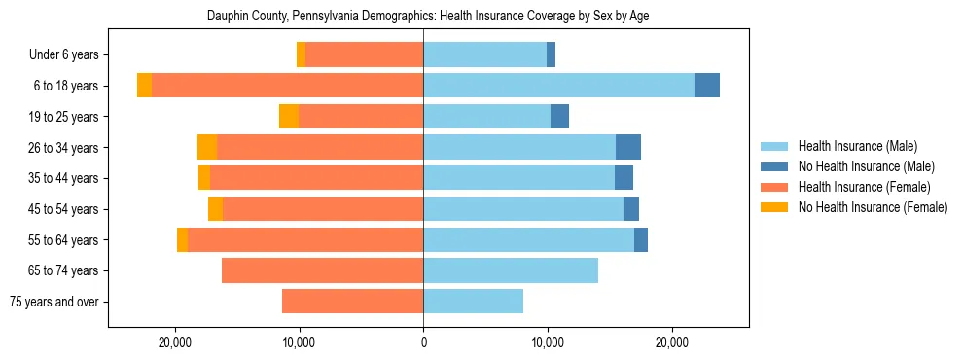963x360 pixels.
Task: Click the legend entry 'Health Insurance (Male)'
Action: pos(857,146)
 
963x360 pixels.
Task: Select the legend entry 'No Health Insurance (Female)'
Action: pos(873,207)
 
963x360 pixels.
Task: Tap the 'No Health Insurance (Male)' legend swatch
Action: pos(775,166)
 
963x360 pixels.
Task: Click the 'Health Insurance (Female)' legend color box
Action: pos(775,187)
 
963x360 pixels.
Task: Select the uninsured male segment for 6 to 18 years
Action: pos(707,86)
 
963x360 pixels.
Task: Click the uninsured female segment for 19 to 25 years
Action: pos(289,117)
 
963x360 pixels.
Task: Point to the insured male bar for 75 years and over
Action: pos(473,302)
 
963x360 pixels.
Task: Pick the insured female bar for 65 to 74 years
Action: pos(322,270)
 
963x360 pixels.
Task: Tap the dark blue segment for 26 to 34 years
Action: pos(628,147)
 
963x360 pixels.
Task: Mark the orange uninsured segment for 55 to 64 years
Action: pos(182,239)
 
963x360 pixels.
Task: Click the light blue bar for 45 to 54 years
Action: pos(523,209)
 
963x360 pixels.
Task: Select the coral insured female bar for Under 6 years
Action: pos(364,55)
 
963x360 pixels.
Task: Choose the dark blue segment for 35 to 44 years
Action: pos(624,178)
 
